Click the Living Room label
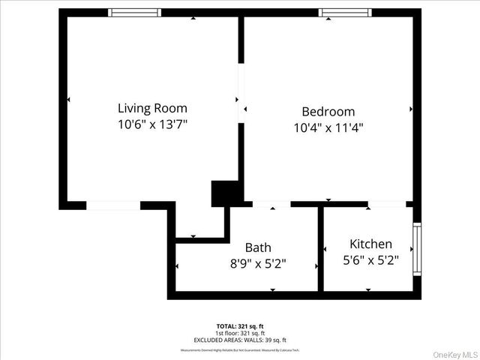tap(152, 108)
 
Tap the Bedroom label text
tap(328, 112)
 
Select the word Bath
tap(258, 247)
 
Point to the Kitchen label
tap(370, 244)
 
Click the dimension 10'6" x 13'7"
tap(152, 124)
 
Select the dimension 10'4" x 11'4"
tap(328, 127)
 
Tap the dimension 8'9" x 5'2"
tap(258, 263)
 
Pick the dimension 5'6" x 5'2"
tap(370, 260)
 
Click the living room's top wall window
tap(134, 13)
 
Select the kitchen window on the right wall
tap(417, 247)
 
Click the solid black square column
tap(223, 193)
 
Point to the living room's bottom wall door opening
tap(112, 205)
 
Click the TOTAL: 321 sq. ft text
tap(239, 326)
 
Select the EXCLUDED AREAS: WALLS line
tap(239, 340)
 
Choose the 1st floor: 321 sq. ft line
tap(239, 333)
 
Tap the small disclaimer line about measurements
tap(239, 349)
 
